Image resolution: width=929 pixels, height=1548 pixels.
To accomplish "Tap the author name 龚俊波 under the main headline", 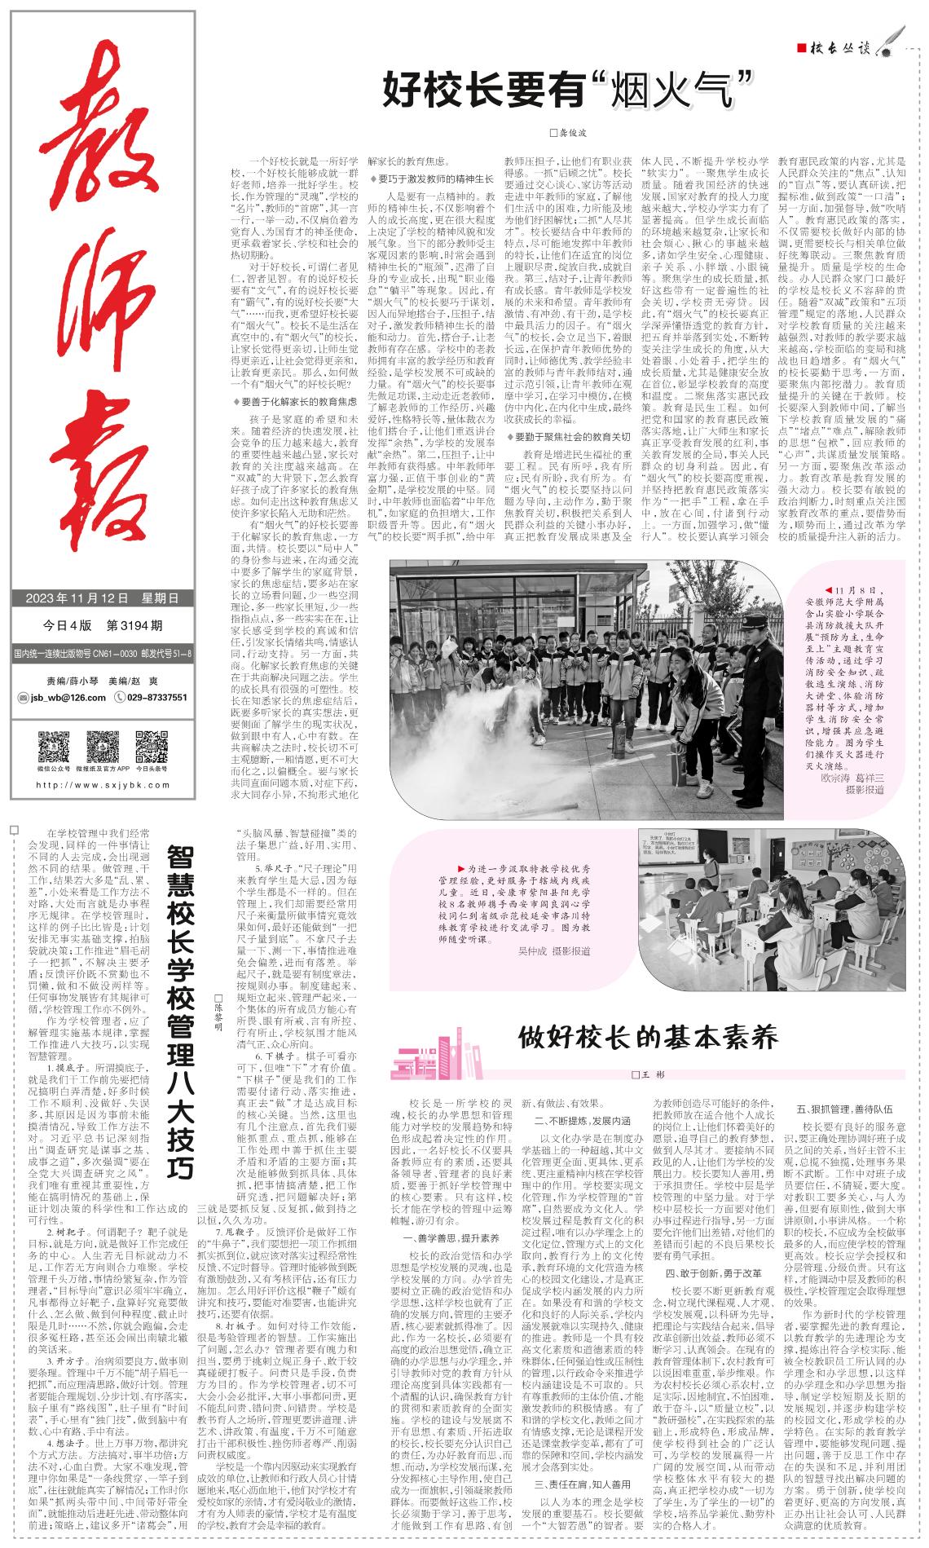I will click(569, 131).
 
